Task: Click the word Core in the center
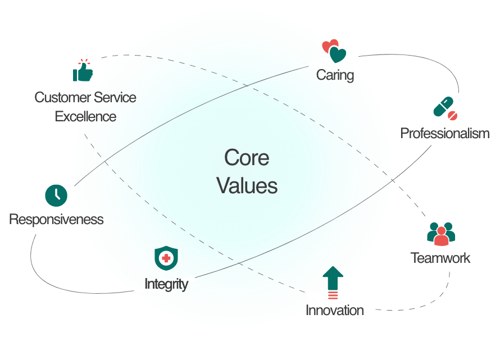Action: pos(247,158)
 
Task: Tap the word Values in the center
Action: pos(247,185)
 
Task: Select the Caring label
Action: pos(335,75)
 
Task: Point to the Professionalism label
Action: pos(444,133)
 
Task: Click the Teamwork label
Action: pos(440,258)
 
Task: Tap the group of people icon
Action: pos(441,233)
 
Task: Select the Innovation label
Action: pos(334,310)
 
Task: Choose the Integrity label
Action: pos(166,284)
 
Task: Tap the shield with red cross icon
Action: pos(166,258)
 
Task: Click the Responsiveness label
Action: pos(56,219)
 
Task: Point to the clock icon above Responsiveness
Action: pos(56,194)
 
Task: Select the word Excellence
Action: pos(85,117)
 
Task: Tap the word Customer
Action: pos(61,97)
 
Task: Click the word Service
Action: pos(115,97)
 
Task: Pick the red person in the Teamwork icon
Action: pos(442,236)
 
